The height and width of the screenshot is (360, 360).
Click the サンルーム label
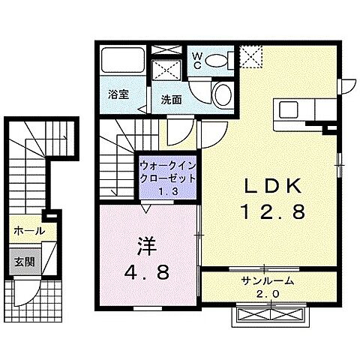coord(267,281)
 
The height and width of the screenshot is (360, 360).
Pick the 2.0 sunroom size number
coord(268,293)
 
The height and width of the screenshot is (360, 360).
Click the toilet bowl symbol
coord(219,60)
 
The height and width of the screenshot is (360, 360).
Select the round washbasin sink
coord(223,94)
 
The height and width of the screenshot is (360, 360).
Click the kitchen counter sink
coord(290,111)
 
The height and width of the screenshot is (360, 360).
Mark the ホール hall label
coord(28,232)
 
